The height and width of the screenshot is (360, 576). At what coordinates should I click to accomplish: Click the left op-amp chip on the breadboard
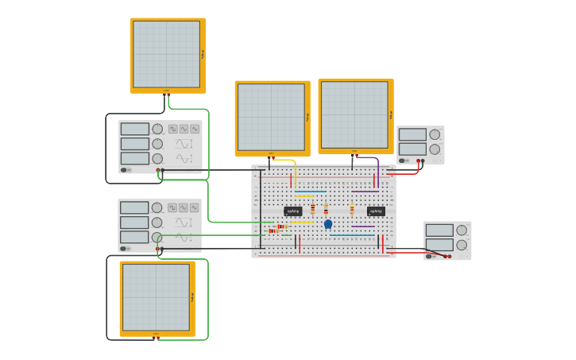coord(292,211)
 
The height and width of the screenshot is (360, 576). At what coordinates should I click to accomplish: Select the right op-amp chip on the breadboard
coord(376,211)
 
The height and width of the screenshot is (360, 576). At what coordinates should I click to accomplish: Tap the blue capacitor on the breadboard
coord(328,224)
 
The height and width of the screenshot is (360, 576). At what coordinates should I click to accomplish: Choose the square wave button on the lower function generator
coord(172,207)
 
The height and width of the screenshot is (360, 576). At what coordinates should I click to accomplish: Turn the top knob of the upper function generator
coord(157,129)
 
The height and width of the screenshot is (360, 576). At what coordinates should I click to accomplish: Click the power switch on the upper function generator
coord(126,170)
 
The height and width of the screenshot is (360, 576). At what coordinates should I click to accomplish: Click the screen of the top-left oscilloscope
coord(166,54)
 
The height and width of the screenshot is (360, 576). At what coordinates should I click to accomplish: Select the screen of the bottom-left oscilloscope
coord(156,297)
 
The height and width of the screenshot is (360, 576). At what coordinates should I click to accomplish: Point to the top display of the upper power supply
coord(412,134)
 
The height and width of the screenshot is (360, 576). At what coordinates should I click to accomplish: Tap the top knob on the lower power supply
coord(462,230)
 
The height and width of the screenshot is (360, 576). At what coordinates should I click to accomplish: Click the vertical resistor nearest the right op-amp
coord(352,210)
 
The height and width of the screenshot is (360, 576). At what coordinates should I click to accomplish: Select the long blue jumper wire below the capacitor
coord(352,235)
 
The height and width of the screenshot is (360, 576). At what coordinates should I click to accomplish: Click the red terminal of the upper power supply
coord(418,161)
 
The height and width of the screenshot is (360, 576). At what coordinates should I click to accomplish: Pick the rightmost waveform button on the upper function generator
coord(195,129)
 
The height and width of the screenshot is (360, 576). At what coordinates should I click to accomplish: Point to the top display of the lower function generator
coord(134,207)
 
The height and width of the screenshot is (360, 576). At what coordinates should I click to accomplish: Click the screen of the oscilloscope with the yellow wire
coord(271,117)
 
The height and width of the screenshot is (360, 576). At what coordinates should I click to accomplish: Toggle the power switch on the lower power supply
coord(430,256)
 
